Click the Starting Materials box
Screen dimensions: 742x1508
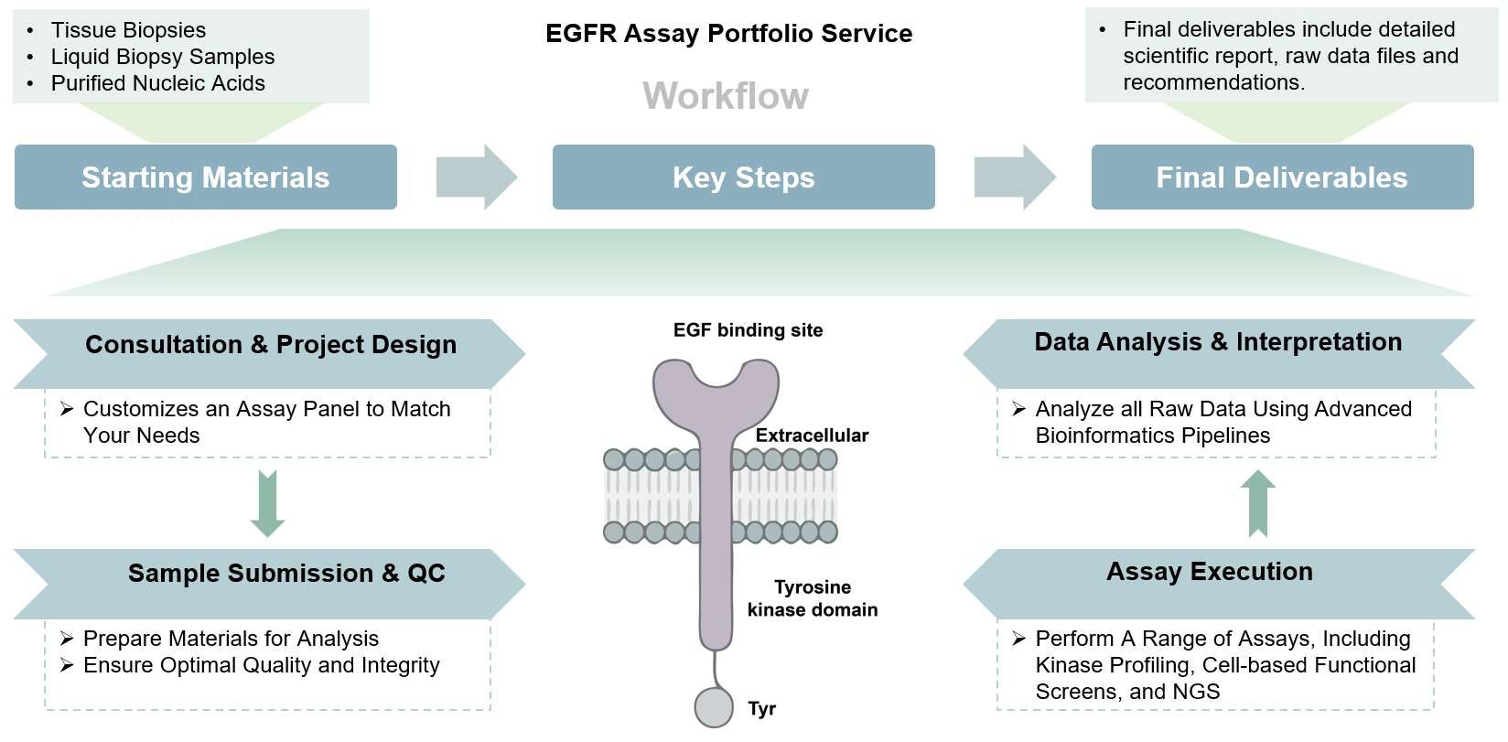coord(205,177)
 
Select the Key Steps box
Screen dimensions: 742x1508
coord(743,177)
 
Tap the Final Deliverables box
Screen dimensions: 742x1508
coord(1281,177)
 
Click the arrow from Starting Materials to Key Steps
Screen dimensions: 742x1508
coord(476,177)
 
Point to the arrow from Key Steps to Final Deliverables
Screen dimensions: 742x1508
coord(1014,177)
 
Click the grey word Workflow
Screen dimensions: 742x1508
coord(726,96)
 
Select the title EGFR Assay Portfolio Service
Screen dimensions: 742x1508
coord(728,34)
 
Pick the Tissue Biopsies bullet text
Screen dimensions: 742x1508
coord(128,30)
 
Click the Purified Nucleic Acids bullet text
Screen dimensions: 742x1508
coord(157,83)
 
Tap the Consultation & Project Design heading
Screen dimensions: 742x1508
coord(271,345)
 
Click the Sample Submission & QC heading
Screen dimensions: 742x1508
coord(286,574)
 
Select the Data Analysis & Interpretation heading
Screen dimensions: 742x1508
coord(1218,342)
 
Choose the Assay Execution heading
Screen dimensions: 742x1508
coord(1209,572)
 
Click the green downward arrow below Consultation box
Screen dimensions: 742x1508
coord(267,503)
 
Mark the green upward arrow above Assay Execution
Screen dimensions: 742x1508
coord(1258,503)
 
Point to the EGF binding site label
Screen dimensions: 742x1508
coord(748,330)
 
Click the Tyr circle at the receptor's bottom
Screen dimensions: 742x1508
coord(714,708)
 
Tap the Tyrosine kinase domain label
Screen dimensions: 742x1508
coord(812,598)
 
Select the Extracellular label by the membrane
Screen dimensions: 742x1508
coord(812,436)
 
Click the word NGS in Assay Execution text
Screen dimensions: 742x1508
coord(1196,693)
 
